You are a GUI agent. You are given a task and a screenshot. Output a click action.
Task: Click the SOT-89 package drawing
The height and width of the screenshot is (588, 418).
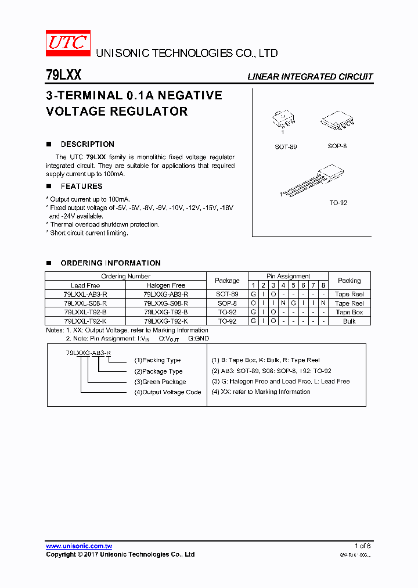point(284,120)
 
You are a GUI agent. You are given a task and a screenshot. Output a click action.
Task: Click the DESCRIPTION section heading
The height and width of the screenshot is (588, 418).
point(87,144)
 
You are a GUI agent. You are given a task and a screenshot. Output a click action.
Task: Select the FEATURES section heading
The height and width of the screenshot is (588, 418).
point(81,187)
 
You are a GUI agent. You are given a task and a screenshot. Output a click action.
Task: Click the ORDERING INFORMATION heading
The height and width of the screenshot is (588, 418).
point(110,263)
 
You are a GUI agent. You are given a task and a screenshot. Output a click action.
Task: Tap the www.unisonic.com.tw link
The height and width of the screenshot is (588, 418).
point(79,546)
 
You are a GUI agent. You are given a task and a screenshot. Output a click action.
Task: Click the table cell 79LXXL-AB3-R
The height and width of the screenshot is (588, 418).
point(85,295)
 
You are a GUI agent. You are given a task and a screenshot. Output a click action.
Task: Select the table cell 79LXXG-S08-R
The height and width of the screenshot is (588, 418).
point(165,303)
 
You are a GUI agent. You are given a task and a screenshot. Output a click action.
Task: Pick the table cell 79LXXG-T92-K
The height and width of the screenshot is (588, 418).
point(165,321)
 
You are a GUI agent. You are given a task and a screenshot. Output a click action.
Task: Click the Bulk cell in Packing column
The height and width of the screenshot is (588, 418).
point(349,321)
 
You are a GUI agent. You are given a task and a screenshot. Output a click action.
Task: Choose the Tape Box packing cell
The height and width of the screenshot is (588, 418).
point(349,312)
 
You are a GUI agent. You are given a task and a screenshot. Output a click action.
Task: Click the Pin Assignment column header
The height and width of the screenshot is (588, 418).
point(288,277)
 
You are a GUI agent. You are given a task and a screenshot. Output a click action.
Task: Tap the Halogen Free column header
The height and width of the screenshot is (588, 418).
point(165,285)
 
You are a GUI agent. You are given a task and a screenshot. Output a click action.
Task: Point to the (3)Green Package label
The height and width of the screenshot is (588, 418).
point(160,382)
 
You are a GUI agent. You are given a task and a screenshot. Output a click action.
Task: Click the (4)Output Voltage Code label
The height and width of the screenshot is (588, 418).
point(168,392)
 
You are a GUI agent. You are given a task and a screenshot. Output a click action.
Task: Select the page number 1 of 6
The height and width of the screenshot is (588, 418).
point(362,546)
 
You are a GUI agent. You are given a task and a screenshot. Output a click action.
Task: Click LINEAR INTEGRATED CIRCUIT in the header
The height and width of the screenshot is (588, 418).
point(310,77)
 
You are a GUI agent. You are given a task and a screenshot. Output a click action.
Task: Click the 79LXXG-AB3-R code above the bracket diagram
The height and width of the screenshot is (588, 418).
point(88,353)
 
